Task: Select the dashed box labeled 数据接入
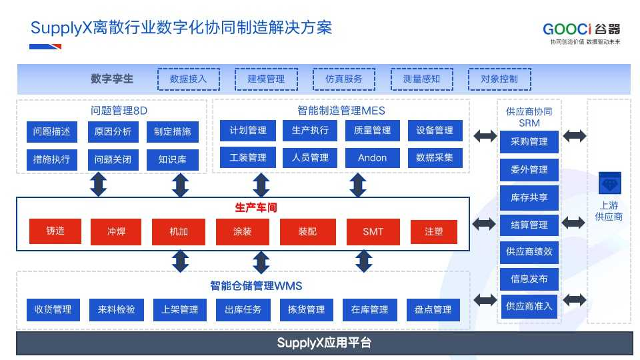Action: pyautogui.click(x=189, y=79)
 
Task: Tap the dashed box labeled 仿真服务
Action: pyautogui.click(x=344, y=79)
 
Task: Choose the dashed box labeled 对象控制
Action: pyautogui.click(x=499, y=79)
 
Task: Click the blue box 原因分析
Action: pyautogui.click(x=113, y=131)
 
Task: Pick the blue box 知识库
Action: pyautogui.click(x=172, y=159)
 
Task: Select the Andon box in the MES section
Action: pyautogui.click(x=372, y=157)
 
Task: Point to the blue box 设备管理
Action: pyautogui.click(x=435, y=130)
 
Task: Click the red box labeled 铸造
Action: pyautogui.click(x=55, y=231)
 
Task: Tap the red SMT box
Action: pyautogui.click(x=373, y=231)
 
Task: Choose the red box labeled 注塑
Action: pyautogui.click(x=433, y=231)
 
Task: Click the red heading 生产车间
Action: pyautogui.click(x=256, y=208)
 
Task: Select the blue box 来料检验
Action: pyautogui.click(x=116, y=309)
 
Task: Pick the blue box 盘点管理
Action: pyautogui.click(x=433, y=309)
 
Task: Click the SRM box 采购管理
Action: pyautogui.click(x=529, y=141)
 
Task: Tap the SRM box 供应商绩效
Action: pyautogui.click(x=529, y=252)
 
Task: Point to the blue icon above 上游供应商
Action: pyautogui.click(x=610, y=183)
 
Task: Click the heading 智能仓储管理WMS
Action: pyautogui.click(x=256, y=286)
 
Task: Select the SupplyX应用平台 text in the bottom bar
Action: pyautogui.click(x=324, y=343)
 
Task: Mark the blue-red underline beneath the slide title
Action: pyautogui.click(x=45, y=47)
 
